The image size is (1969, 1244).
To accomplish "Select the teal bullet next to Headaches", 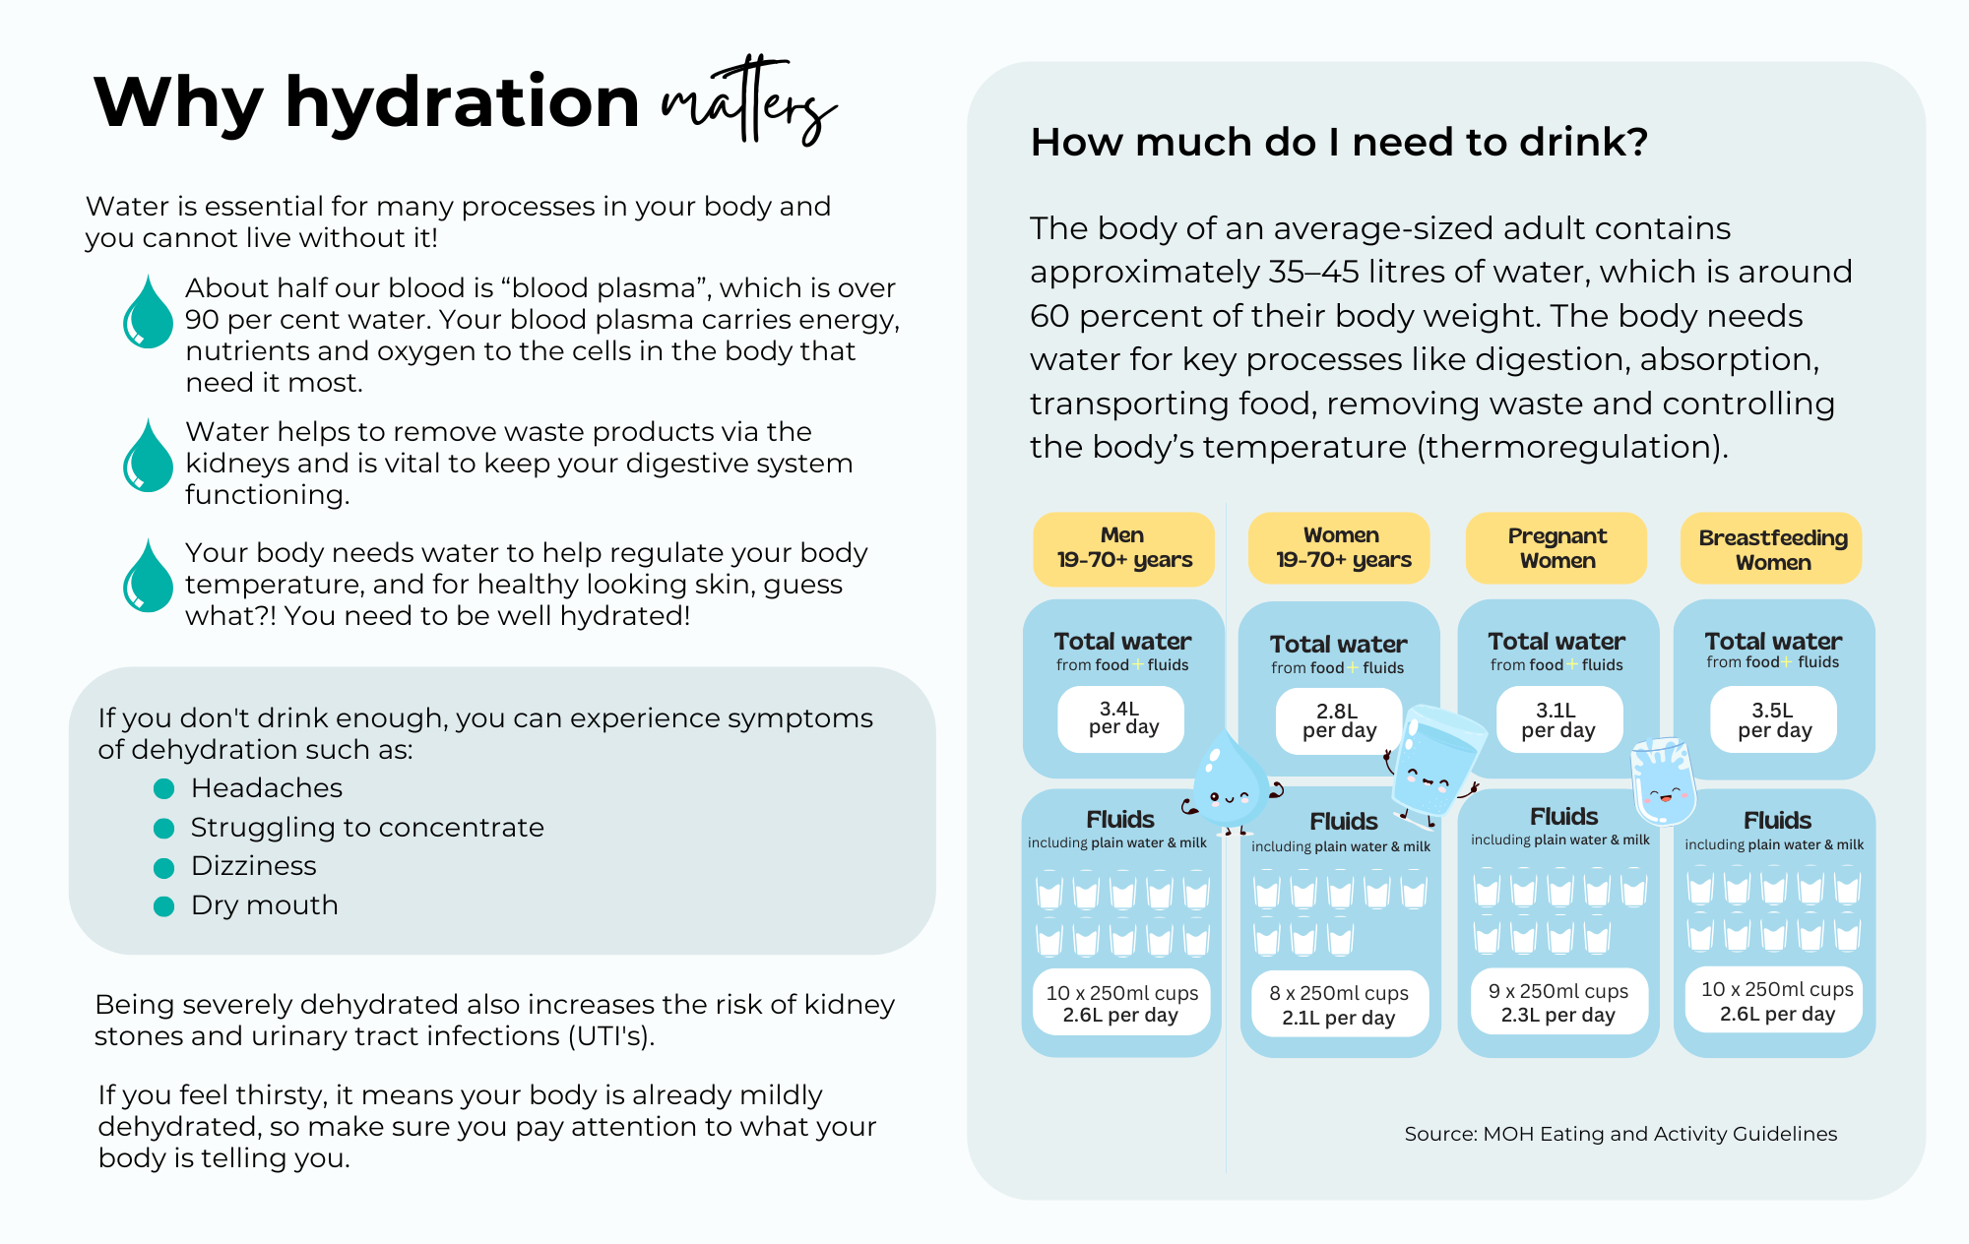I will click(164, 788).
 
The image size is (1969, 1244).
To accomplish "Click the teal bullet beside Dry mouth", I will click(164, 905).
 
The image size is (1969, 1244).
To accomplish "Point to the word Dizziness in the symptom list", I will click(254, 866).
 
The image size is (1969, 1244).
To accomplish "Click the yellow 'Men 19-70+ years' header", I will click(1123, 548).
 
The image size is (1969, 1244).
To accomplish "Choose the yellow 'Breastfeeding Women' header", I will click(1772, 549).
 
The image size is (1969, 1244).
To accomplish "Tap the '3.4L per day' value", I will click(1121, 718).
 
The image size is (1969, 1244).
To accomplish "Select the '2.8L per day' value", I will click(1339, 720).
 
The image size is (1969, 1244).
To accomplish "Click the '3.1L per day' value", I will click(1558, 719).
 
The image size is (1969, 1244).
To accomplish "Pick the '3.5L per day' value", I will click(1774, 719).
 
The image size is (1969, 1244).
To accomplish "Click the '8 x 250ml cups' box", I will click(1339, 1005).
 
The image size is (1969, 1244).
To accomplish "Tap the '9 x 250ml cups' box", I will click(1557, 1003).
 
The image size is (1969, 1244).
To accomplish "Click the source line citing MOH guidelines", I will click(1620, 1134).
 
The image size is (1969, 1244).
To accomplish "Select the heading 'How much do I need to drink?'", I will click(1339, 143).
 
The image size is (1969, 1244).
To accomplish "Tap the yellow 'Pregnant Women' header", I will click(1556, 548).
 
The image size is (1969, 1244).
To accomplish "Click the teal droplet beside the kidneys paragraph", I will click(148, 458).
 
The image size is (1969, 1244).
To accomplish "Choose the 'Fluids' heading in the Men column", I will click(1120, 819).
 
